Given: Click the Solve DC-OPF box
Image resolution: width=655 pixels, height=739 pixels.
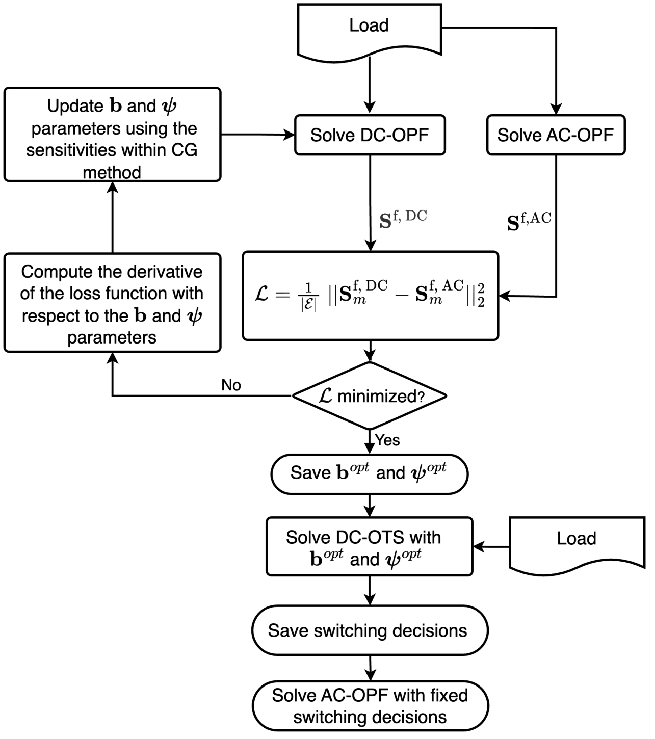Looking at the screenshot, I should [370, 135].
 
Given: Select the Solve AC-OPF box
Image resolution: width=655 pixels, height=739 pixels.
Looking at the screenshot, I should [555, 135].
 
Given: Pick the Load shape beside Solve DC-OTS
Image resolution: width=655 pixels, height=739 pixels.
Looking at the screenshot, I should [577, 543].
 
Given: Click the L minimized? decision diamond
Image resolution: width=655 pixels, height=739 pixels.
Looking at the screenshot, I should [370, 396].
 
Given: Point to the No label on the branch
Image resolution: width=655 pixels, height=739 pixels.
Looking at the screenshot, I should [231, 385].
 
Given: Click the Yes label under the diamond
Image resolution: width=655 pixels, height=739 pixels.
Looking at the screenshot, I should [388, 440].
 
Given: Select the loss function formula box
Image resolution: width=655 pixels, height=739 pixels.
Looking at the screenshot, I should [370, 296].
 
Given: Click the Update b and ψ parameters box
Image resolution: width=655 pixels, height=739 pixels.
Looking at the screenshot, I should [112, 135].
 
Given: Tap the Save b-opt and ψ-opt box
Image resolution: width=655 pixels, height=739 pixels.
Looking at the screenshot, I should [369, 473].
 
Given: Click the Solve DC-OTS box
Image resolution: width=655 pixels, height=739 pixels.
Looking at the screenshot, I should [369, 547].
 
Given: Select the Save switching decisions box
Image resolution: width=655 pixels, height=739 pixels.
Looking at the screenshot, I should [369, 630].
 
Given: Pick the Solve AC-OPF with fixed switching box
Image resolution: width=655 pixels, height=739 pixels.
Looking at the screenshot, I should [370, 706].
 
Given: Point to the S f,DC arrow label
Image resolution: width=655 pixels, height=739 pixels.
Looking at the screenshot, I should [403, 218].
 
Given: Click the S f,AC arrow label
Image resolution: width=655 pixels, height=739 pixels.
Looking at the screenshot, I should [529, 221].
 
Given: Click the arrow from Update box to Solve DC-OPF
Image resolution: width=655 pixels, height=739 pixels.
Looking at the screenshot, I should [257, 135].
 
